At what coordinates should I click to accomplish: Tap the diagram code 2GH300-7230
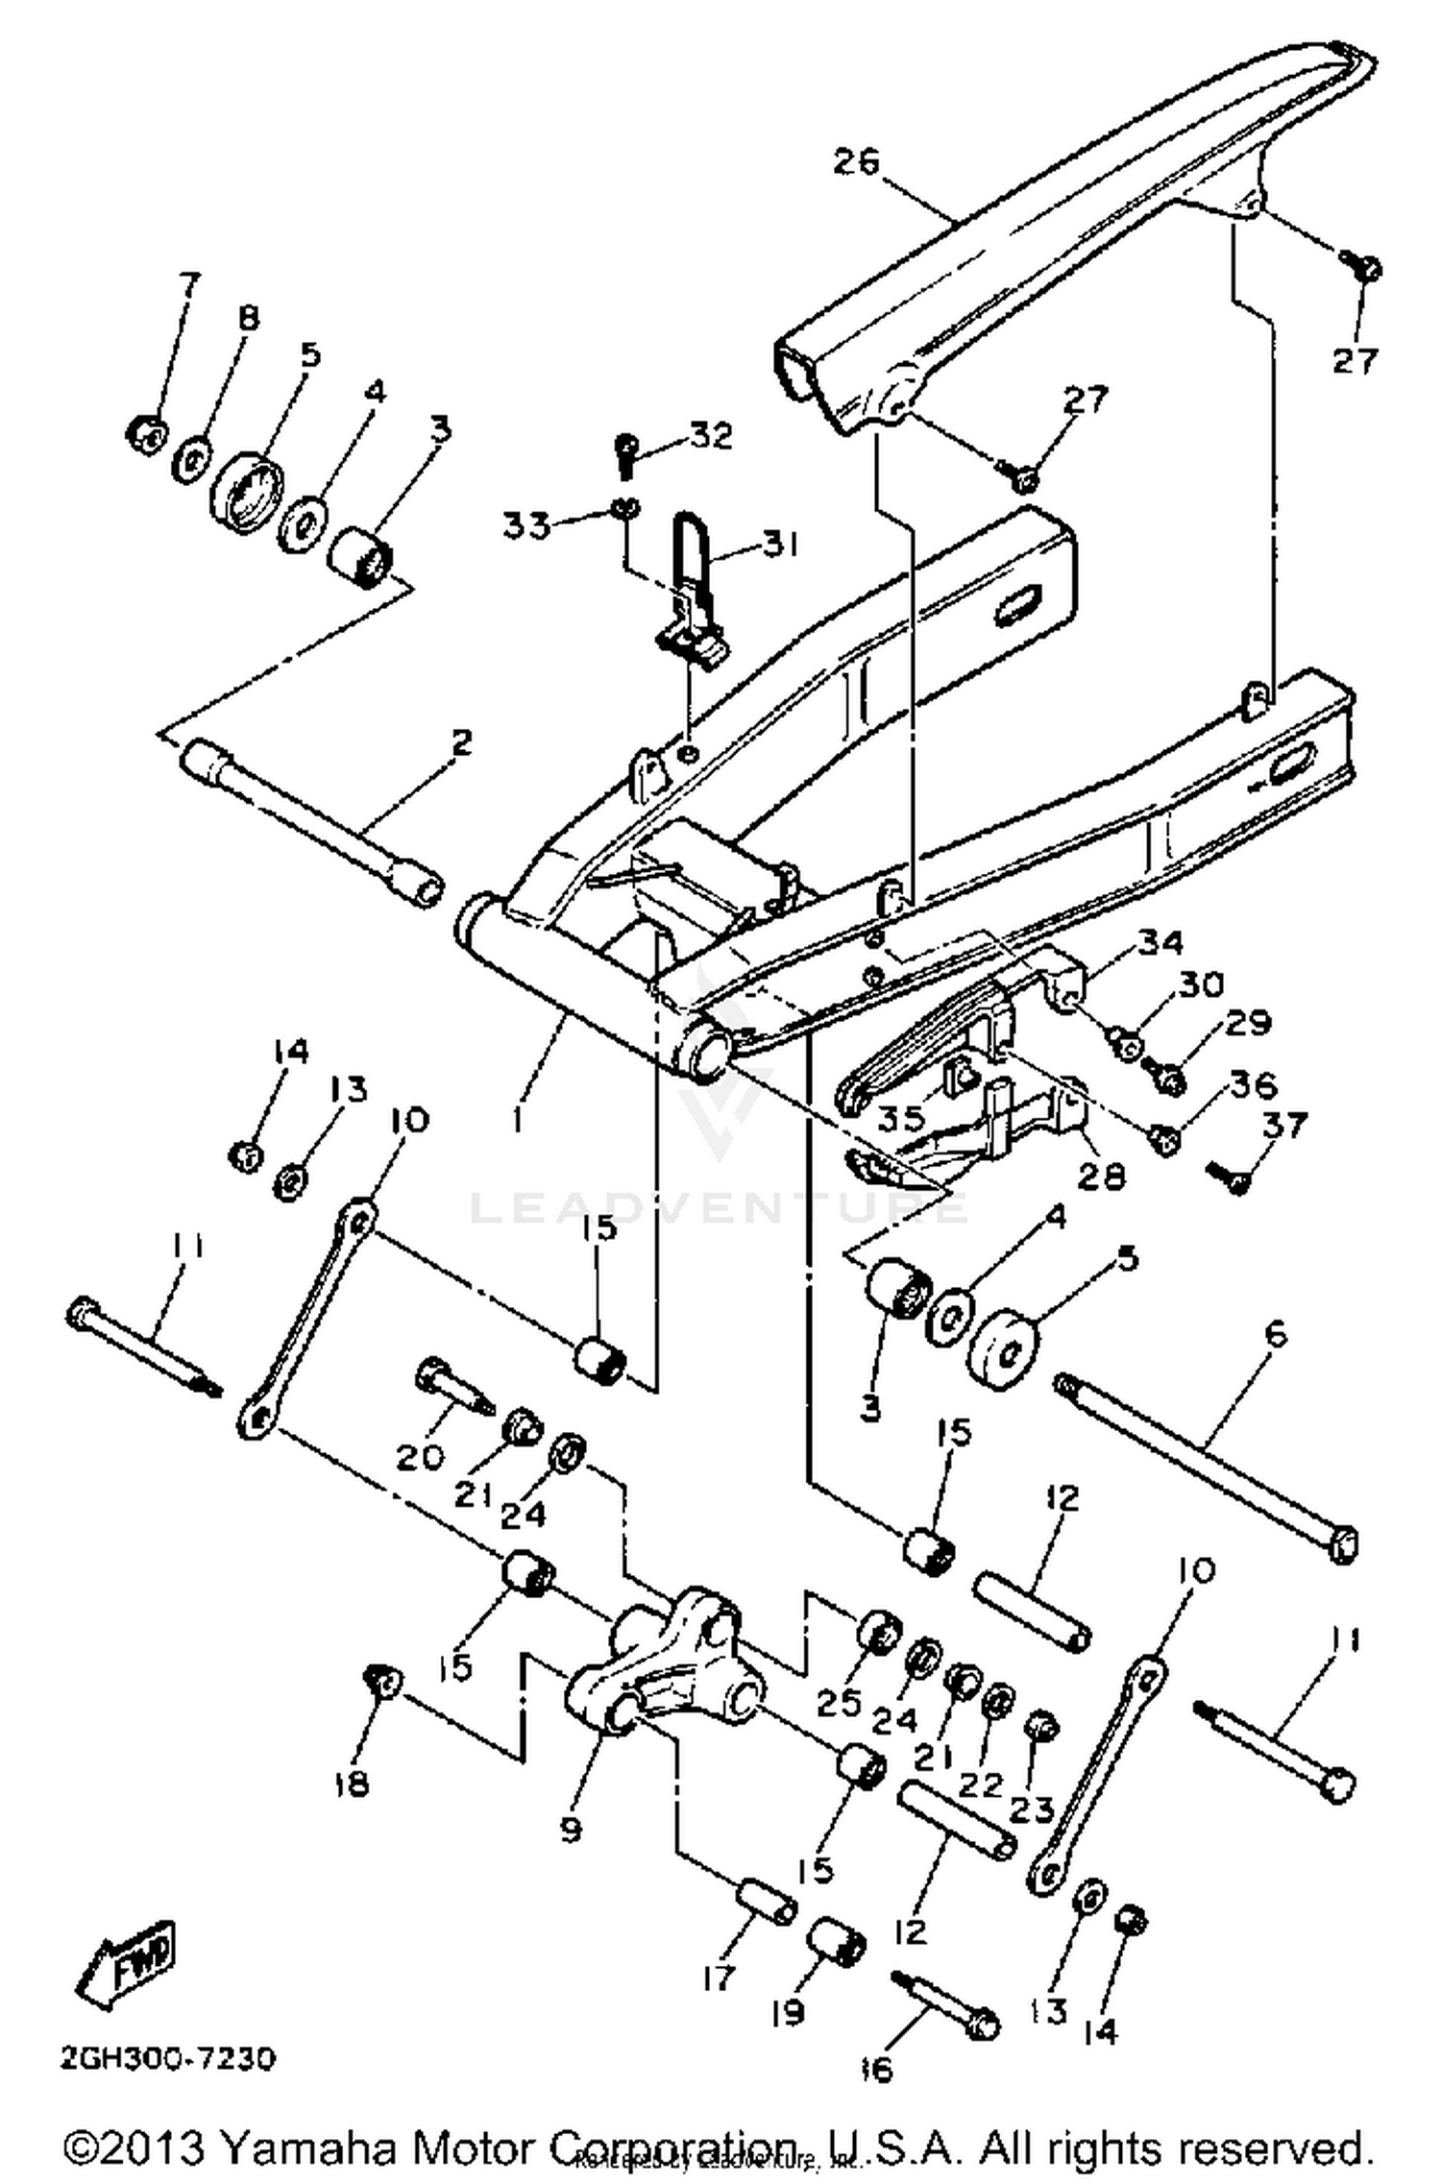(x=168, y=2058)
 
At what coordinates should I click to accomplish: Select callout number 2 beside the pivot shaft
(x=462, y=742)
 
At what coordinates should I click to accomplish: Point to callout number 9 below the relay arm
(x=571, y=1830)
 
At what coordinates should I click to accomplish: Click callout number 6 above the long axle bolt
(x=1276, y=1334)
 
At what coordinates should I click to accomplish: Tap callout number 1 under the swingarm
(x=519, y=1119)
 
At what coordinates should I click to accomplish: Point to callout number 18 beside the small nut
(x=352, y=1784)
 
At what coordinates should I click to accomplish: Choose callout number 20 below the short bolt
(x=420, y=1457)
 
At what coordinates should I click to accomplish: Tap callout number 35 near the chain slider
(x=900, y=1117)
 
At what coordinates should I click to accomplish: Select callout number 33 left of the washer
(x=526, y=525)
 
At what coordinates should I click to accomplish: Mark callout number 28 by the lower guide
(x=1101, y=1175)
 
